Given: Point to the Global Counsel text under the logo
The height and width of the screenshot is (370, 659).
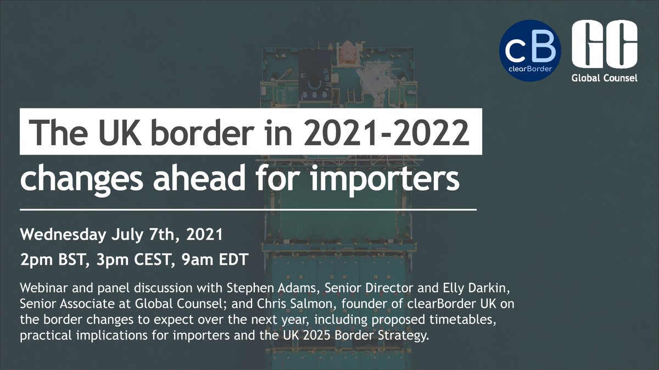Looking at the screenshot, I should click(604, 78).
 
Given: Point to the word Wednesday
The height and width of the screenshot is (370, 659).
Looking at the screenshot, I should click(62, 236).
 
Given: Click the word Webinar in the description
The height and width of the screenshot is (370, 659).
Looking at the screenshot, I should click(42, 288).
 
